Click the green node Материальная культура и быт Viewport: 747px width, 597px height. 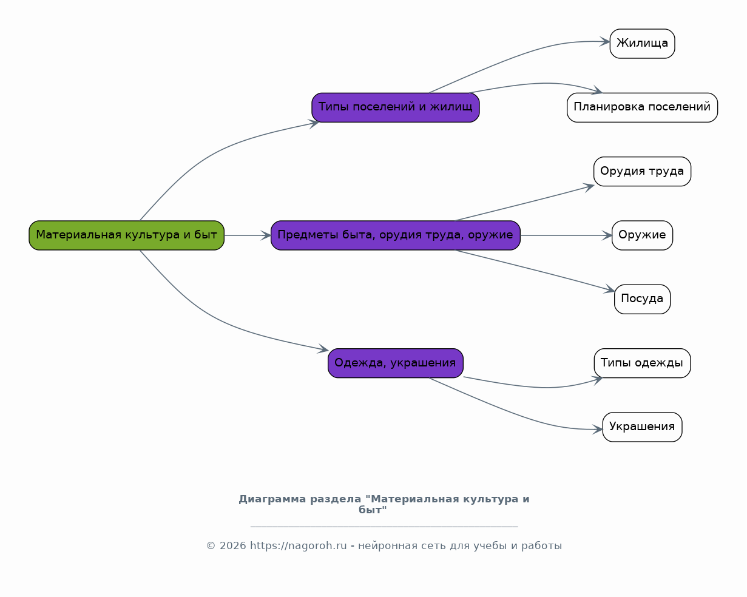coord(126,235)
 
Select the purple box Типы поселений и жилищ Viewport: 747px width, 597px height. coord(396,107)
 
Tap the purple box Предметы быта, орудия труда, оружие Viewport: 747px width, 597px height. coord(396,235)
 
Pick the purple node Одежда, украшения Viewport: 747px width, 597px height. coord(396,363)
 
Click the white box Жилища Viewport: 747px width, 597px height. coord(642,44)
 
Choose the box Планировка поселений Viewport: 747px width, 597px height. coord(642,107)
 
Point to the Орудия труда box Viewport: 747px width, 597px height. coord(642,172)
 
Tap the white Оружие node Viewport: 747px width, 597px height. coord(642,235)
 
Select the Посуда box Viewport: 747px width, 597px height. coord(642,299)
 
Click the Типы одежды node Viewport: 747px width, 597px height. coord(642,363)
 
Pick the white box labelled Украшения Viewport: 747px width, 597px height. coord(642,427)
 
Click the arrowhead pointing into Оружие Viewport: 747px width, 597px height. coord(607,235)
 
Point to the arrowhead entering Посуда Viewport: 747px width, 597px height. coord(609,289)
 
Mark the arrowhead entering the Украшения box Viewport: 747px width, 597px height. coord(598,430)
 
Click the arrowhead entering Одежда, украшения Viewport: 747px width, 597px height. coord(323,349)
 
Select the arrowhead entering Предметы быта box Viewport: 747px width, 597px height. coord(266,235)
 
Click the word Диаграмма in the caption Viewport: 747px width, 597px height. coord(272,499)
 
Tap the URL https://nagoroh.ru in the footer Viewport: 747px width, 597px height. coord(298,545)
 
